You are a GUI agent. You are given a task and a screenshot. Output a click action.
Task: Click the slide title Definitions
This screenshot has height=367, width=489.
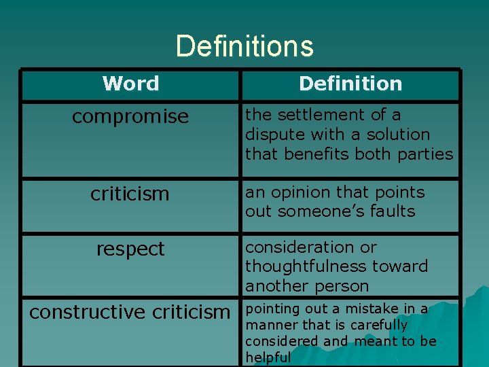(244, 46)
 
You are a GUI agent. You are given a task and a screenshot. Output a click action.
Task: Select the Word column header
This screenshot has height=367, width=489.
(130, 84)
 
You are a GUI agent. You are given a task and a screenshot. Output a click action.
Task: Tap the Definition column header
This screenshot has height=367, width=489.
(350, 84)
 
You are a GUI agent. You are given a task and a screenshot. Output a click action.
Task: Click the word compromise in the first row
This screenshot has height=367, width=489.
(130, 117)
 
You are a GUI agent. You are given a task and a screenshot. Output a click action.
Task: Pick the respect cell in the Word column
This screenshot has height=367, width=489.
(130, 249)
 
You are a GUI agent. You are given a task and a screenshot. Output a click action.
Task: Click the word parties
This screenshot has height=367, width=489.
(427, 154)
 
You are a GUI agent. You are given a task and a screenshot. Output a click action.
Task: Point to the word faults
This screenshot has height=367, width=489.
(390, 211)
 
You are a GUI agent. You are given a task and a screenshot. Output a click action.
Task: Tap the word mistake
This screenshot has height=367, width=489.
(378, 309)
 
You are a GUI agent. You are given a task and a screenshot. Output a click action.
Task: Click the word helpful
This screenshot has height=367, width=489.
(268, 357)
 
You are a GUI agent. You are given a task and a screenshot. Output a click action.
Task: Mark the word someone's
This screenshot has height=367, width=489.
(318, 211)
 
